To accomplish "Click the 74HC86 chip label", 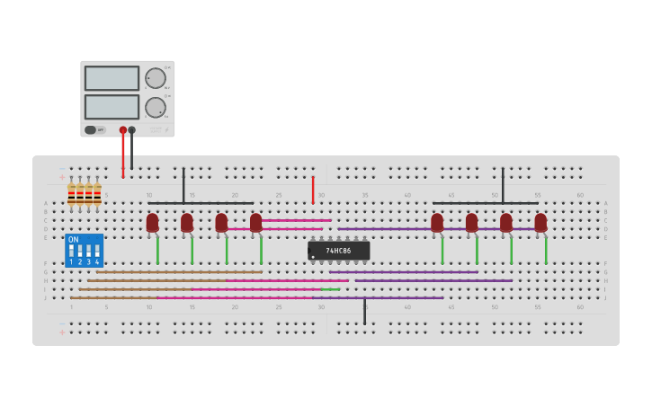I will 338,251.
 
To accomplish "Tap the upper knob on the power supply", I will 156,78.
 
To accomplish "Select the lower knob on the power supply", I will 156,108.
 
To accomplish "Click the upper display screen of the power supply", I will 112,78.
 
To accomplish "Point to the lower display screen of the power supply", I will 112,107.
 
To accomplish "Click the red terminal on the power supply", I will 123,130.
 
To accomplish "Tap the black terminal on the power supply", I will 132,130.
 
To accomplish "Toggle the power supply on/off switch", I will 91,130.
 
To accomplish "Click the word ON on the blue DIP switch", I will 74,240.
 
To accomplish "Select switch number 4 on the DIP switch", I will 97,252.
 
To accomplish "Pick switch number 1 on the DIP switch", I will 72,252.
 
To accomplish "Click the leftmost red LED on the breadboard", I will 152,222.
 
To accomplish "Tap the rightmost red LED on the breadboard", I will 540,222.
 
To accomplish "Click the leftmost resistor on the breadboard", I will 72,194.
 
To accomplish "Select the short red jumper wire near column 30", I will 313,189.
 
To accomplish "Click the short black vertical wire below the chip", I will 364,311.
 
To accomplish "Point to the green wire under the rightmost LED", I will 546,249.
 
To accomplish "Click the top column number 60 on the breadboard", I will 580,195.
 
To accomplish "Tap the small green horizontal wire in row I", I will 330,289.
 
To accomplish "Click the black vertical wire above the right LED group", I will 503,184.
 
